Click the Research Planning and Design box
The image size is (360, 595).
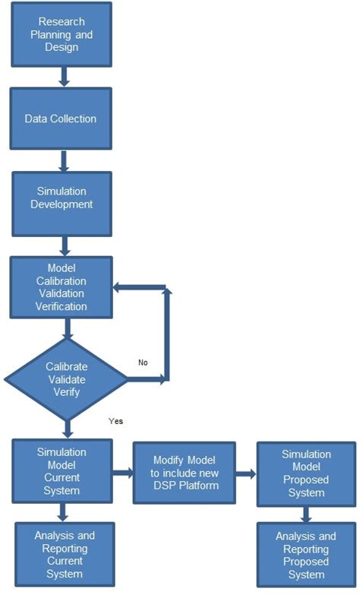[62, 33]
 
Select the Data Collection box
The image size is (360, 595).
[62, 119]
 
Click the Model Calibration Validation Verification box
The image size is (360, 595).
[62, 287]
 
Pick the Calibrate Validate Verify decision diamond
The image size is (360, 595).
[67, 376]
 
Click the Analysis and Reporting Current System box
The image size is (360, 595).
[64, 554]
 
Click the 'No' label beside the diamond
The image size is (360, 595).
[143, 362]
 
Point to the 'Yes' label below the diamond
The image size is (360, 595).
[116, 420]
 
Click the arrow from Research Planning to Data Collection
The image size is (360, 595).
[63, 75]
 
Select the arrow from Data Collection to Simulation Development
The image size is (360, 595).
[63, 160]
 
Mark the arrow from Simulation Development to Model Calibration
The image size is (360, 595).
[63, 245]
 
